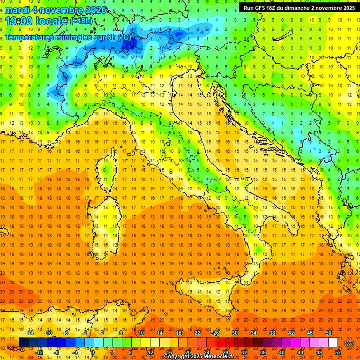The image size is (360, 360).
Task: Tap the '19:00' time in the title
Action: click(19, 21)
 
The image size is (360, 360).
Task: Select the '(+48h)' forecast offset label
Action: click(81, 21)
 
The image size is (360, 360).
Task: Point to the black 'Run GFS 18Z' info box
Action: click(299, 7)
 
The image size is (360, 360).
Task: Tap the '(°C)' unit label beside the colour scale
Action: click(349, 343)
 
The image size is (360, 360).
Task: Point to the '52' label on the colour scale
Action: click(338, 352)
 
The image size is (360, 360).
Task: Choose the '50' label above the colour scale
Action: click(328, 333)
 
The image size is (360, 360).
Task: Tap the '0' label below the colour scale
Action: click(93, 352)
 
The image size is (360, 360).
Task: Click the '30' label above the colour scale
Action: click(234, 333)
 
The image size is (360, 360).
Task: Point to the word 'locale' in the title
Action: click(51, 21)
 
